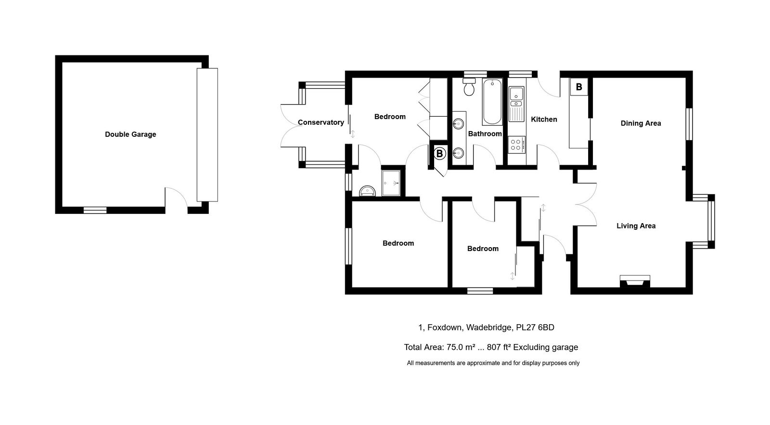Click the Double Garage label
coord(130,134)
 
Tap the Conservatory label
coord(321,122)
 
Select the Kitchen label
coord(544,120)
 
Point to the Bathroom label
coord(485,133)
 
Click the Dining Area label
coord(641,123)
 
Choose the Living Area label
coord(636,226)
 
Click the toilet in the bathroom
coord(469,86)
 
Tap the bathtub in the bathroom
coord(492,102)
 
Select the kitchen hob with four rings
coord(516,145)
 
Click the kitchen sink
coord(516,104)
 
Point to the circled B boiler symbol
coord(439,154)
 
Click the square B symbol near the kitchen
coord(579,87)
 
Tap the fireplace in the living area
coord(635,281)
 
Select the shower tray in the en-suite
coord(391,183)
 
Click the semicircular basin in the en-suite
coord(367,191)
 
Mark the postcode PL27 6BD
coord(535,327)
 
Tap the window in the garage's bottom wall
coord(95,210)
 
